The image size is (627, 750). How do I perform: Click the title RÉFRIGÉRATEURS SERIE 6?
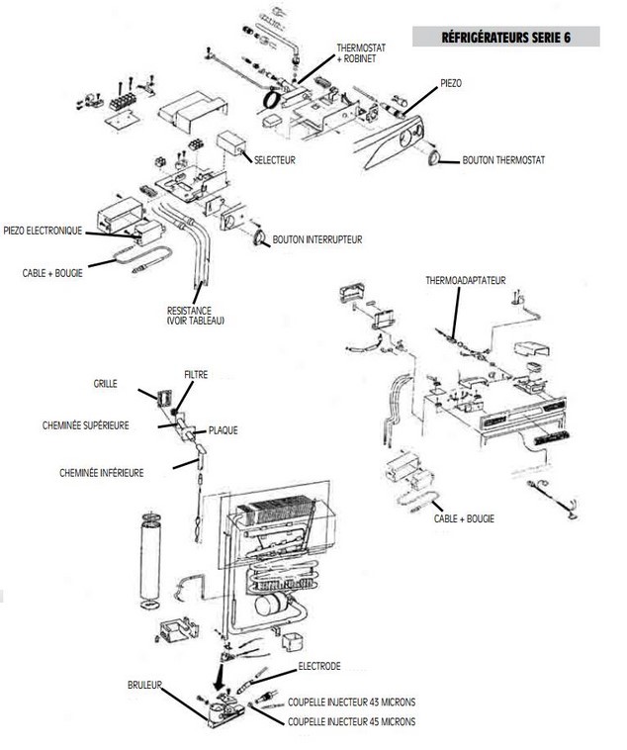(x=505, y=38)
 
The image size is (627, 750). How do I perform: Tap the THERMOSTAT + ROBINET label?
(x=361, y=53)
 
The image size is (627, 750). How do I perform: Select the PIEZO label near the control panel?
(x=451, y=83)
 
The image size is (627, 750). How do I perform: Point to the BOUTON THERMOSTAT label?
(x=503, y=160)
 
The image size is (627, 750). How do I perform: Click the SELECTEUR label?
(x=275, y=159)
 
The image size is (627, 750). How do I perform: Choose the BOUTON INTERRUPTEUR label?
(x=317, y=239)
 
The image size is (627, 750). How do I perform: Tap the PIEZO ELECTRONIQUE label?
(x=43, y=231)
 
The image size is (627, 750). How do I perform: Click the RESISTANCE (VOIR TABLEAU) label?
(x=195, y=316)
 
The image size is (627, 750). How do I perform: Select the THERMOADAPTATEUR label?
(x=466, y=280)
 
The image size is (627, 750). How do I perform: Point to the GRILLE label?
(x=105, y=384)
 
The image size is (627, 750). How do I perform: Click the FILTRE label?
(x=196, y=375)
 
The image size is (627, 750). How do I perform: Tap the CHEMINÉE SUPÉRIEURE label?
(x=86, y=425)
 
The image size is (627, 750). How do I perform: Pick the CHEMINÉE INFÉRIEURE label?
(x=102, y=473)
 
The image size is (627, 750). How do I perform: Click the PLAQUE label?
(x=223, y=430)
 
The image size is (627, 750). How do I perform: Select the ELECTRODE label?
(x=319, y=666)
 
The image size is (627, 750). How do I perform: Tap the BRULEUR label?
(x=144, y=685)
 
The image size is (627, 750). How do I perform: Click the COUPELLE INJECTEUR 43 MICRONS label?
(x=351, y=703)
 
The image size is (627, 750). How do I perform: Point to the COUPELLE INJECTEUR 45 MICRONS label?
(x=351, y=721)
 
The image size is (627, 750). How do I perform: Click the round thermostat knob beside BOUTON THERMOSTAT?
(x=435, y=158)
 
